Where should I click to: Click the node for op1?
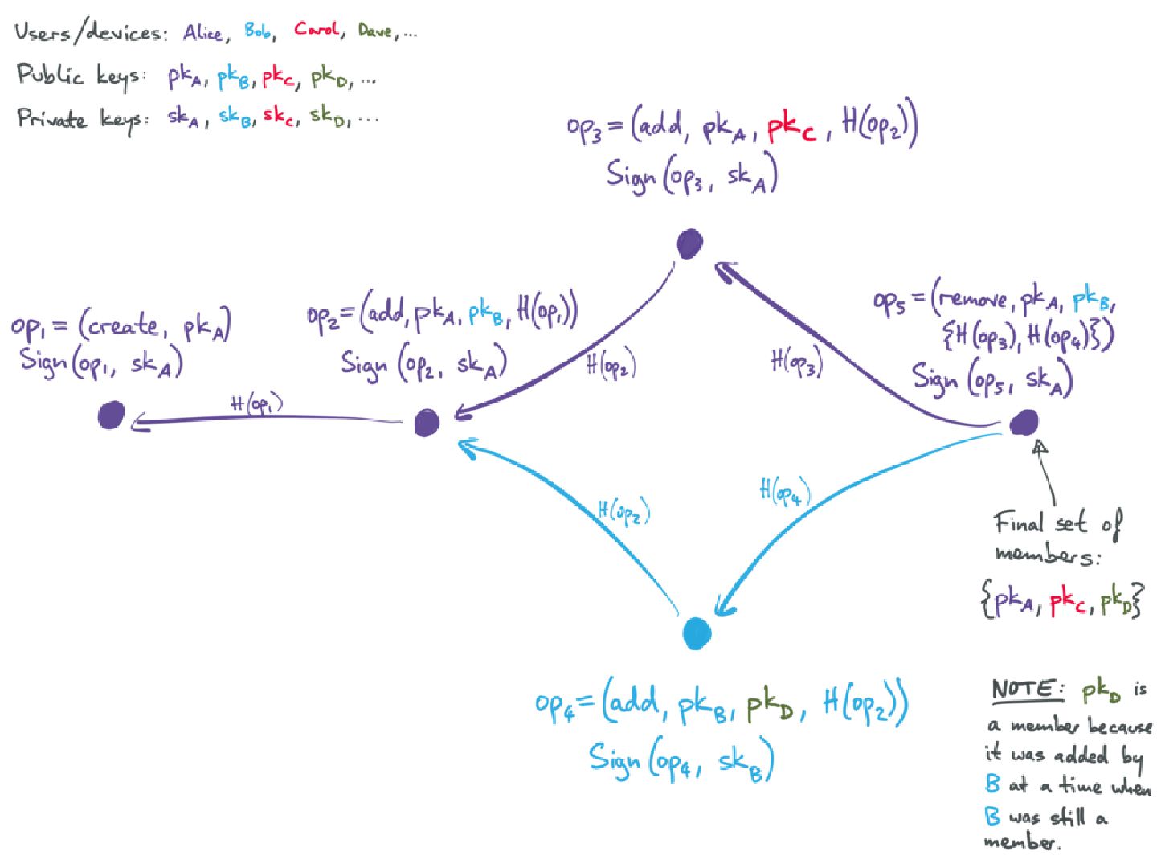(x=111, y=415)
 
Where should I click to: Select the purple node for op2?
(x=427, y=422)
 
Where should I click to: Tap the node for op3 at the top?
(x=689, y=244)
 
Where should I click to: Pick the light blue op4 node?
(x=697, y=633)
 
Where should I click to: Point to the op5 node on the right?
(x=1024, y=422)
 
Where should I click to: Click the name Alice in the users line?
(x=202, y=33)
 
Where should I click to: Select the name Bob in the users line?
(x=258, y=31)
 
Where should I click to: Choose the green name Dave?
(x=375, y=31)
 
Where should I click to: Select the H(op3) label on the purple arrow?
(x=796, y=362)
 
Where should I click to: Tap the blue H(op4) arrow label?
(x=784, y=491)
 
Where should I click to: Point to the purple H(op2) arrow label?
(x=611, y=366)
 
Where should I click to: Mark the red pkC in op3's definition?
(x=791, y=129)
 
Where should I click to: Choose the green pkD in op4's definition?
(x=770, y=707)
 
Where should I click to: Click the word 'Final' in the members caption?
(x=1019, y=523)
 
